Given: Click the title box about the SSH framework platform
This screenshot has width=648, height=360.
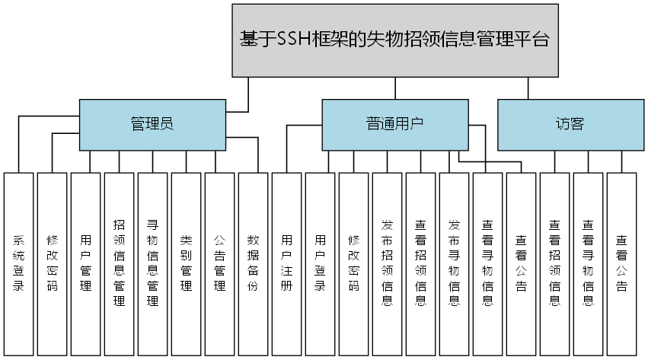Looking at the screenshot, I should (394, 40).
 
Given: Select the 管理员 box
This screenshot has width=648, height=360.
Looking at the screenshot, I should (152, 124).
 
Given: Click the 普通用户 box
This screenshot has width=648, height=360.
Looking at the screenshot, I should (394, 124).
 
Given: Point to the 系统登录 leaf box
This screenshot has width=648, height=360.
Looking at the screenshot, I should (18, 264).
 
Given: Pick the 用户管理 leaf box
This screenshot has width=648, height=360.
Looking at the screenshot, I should (85, 264).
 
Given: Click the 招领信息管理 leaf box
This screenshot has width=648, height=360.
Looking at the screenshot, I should (119, 264).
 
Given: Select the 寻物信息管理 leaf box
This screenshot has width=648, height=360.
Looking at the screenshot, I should (152, 264).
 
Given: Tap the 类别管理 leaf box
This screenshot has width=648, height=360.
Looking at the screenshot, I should (186, 264).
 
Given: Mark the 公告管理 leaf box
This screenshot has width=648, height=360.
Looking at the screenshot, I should (219, 264).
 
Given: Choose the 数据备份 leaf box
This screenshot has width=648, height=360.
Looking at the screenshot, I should (253, 264).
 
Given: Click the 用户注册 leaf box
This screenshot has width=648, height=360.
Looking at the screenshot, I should (286, 264).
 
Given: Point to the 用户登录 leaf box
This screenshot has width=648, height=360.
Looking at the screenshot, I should (320, 264).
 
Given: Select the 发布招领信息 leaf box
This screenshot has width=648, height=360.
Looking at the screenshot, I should (387, 264).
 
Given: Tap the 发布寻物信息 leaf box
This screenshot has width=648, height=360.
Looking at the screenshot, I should (454, 264).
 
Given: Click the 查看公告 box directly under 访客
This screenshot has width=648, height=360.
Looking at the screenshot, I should (621, 264).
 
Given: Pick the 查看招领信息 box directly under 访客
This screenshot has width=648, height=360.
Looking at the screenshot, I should (554, 264).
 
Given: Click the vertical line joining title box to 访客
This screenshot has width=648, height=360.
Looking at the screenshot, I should (528, 88).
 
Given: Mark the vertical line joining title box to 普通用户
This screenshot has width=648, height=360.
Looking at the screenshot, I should (394, 88).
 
